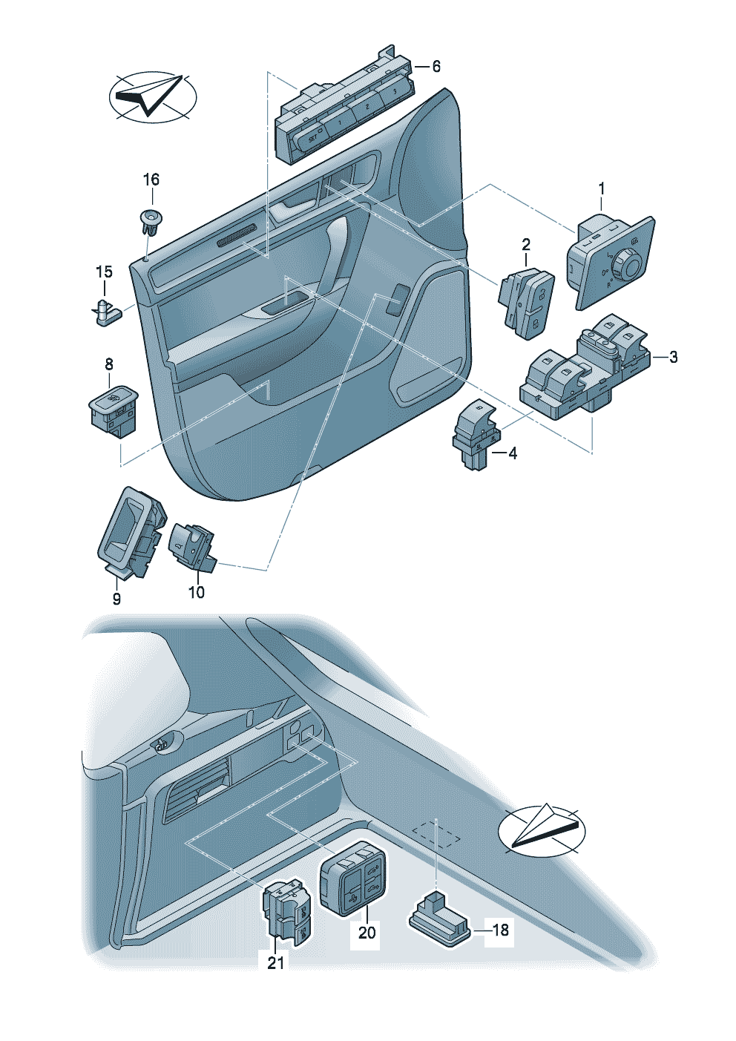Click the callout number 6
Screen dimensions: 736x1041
(436, 67)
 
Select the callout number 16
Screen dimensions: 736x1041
(151, 180)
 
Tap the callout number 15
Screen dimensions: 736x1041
(104, 272)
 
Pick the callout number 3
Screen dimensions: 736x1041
(673, 357)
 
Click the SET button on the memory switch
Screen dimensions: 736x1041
(312, 137)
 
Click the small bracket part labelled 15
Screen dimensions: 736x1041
(106, 312)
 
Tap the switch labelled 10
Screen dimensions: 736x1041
(192, 548)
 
